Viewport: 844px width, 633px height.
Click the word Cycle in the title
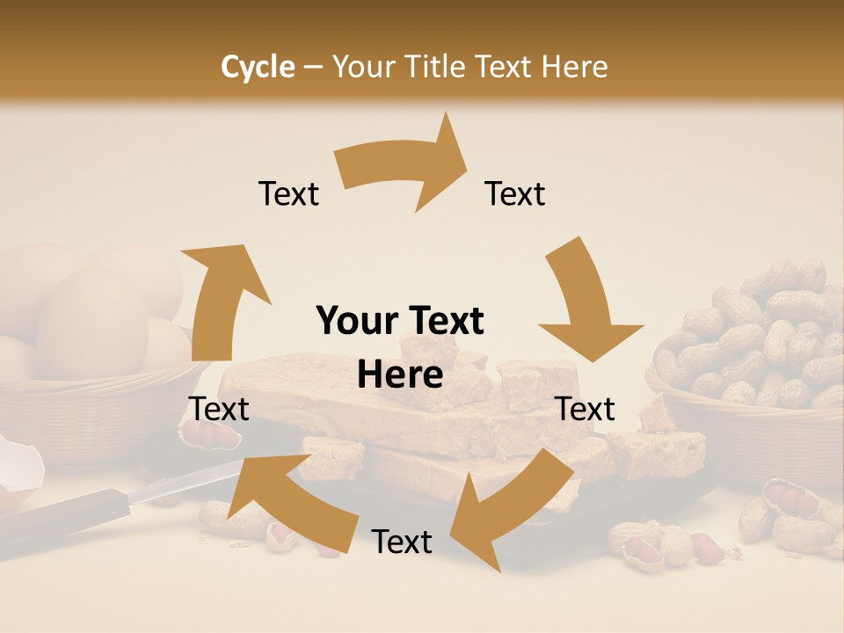click(x=258, y=67)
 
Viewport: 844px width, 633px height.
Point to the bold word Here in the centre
click(x=400, y=375)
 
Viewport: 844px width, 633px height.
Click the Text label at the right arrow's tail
click(x=288, y=194)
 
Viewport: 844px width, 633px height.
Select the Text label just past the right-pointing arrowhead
click(x=515, y=194)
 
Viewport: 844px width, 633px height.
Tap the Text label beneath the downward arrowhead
click(x=586, y=409)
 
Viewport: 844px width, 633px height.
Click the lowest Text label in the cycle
click(x=402, y=542)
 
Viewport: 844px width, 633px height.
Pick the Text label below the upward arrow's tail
click(x=219, y=409)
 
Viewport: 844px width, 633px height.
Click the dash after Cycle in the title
click(x=313, y=67)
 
